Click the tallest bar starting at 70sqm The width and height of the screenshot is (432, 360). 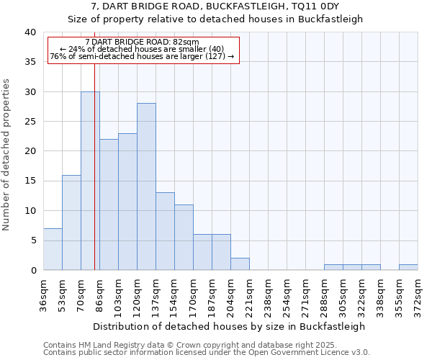pos(90,181)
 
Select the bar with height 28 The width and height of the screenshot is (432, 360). pos(146,186)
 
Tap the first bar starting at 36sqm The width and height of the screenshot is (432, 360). pos(53,249)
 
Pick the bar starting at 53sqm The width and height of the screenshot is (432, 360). pos(71,222)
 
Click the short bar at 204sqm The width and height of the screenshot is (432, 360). pos(240,264)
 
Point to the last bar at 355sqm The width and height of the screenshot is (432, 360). pos(408,267)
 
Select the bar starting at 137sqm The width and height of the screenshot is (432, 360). pos(165,231)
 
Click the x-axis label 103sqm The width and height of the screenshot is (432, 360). pos(118,296)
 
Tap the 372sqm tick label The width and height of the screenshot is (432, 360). pos(418,296)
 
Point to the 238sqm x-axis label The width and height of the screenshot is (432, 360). pos(268,296)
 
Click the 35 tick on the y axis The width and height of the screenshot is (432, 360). pos(30,62)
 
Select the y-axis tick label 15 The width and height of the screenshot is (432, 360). pos(30,181)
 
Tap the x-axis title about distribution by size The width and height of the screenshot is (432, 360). pos(229,326)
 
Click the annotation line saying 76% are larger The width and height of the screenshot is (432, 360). pos(142,57)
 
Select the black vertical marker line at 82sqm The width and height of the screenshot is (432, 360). pos(94,180)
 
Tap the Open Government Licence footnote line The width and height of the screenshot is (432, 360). pos(207,353)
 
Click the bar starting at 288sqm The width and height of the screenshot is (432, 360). pos(333,267)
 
